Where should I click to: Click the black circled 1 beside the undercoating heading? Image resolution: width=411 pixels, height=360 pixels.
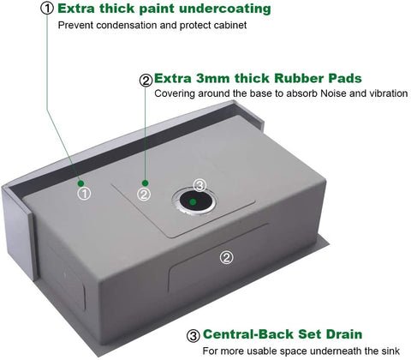coord(47,9)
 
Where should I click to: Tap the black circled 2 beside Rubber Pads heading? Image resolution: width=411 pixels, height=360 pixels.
coord(146,81)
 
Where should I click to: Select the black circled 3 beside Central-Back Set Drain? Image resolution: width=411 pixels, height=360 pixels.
coord(194,336)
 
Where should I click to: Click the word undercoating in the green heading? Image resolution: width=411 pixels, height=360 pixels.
coord(224,9)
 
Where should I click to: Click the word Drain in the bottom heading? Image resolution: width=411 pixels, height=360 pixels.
coord(344,334)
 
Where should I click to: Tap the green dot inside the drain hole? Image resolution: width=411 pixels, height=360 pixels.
coord(193,202)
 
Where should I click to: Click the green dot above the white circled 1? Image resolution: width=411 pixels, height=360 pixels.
coord(81,183)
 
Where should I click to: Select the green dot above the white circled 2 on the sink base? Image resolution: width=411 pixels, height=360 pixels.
coord(146,183)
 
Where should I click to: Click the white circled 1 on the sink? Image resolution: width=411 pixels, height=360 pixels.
coord(84,194)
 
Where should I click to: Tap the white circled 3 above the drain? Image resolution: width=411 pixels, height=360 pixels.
coord(200,185)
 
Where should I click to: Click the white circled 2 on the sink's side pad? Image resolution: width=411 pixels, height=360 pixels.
coord(226,258)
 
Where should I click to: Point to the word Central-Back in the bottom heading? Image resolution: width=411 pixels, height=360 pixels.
coord(248,334)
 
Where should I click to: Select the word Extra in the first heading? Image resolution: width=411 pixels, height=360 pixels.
coord(76,9)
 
